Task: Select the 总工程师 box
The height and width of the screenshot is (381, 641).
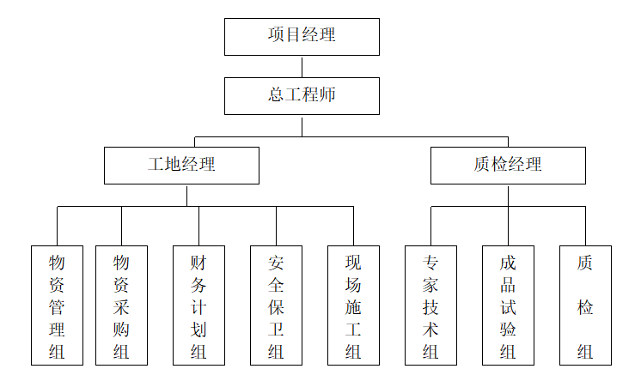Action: click(x=302, y=95)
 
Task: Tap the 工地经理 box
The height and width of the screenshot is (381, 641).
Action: click(x=181, y=165)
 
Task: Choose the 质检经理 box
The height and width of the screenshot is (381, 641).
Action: click(x=508, y=165)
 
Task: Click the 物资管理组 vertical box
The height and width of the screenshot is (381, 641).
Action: click(x=57, y=305)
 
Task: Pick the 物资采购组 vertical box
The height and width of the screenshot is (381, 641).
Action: click(x=121, y=305)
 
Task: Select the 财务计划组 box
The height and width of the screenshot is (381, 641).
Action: click(x=198, y=305)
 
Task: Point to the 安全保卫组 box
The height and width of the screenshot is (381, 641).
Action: click(x=276, y=305)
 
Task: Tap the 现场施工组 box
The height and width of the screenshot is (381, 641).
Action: click(x=353, y=305)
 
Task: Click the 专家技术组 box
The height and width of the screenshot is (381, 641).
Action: click(x=430, y=305)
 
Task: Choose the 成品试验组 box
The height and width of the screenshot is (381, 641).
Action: click(x=508, y=305)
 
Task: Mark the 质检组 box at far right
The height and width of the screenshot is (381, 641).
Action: click(x=585, y=305)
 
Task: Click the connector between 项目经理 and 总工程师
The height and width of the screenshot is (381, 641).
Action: click(x=302, y=67)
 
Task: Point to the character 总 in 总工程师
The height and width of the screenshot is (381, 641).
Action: click(x=276, y=95)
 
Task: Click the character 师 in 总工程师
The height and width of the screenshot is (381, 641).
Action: click(x=327, y=95)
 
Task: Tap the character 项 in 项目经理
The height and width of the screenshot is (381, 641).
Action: click(x=276, y=36)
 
